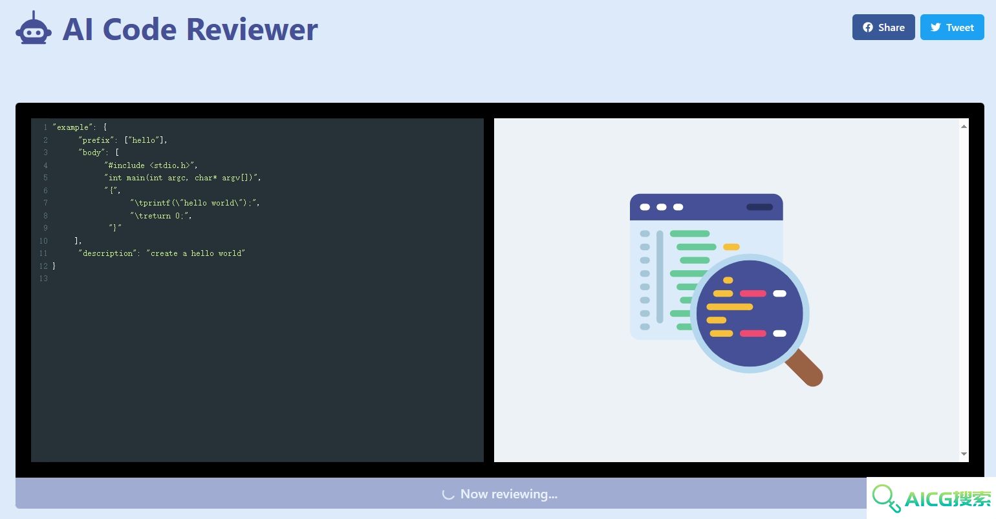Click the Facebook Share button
click(883, 27)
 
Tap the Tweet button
click(952, 27)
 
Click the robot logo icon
click(34, 28)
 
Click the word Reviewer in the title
click(252, 29)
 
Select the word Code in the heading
click(140, 29)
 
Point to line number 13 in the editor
click(43, 279)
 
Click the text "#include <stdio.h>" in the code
click(151, 165)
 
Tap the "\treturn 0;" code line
click(161, 216)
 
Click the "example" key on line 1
click(72, 127)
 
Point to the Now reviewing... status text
click(508, 494)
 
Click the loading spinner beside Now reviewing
click(448, 494)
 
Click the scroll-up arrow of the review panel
click(964, 127)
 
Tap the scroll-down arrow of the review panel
click(964, 454)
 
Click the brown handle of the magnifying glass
click(805, 368)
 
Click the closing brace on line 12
click(54, 266)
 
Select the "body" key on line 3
click(92, 153)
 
